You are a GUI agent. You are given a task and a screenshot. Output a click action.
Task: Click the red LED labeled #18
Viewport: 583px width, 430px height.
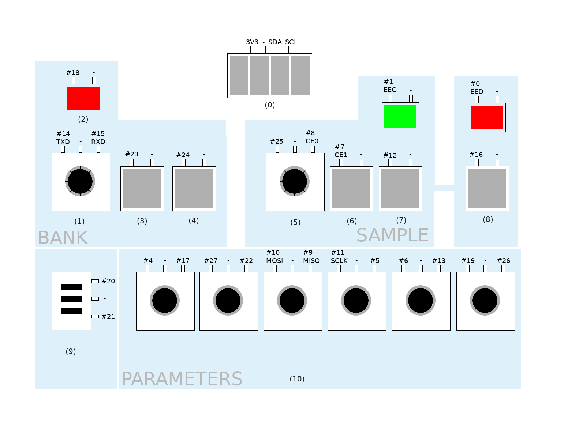tap(83, 98)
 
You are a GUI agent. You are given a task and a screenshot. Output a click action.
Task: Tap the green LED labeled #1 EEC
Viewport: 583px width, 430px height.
tap(400, 117)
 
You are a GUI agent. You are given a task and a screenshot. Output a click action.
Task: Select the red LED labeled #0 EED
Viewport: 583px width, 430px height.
tap(487, 117)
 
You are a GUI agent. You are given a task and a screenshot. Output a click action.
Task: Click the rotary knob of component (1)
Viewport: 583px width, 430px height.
tap(80, 181)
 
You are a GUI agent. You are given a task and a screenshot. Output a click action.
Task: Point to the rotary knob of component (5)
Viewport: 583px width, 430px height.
tap(295, 181)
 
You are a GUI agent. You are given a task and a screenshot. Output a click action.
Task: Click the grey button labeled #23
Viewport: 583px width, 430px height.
tap(142, 189)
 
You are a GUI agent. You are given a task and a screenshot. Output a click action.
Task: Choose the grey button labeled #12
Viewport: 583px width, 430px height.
tap(400, 189)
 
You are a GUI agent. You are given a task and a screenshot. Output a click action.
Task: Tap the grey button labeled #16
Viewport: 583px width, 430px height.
tap(487, 188)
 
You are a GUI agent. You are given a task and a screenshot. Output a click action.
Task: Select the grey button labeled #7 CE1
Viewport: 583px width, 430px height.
tap(351, 189)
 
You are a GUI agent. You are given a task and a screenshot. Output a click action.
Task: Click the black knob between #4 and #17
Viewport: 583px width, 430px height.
tap(165, 301)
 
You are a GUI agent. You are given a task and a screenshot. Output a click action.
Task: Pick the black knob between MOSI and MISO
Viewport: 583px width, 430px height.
tap(292, 301)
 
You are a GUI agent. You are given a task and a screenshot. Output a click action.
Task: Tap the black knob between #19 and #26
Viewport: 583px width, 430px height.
tap(485, 301)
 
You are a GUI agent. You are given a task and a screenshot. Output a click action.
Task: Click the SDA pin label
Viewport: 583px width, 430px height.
tap(275, 42)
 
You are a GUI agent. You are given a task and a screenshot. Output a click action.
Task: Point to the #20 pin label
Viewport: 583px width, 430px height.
tap(108, 281)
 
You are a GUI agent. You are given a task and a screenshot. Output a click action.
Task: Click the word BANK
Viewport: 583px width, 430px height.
tap(63, 238)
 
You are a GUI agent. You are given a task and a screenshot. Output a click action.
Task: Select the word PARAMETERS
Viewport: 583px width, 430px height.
tap(182, 379)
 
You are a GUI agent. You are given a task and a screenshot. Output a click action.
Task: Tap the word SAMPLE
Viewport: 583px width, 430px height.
tap(392, 235)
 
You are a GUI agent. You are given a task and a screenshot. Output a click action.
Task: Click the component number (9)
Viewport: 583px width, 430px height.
tap(71, 351)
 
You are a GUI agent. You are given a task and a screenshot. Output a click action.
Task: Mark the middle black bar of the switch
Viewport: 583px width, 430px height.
tap(72, 299)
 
